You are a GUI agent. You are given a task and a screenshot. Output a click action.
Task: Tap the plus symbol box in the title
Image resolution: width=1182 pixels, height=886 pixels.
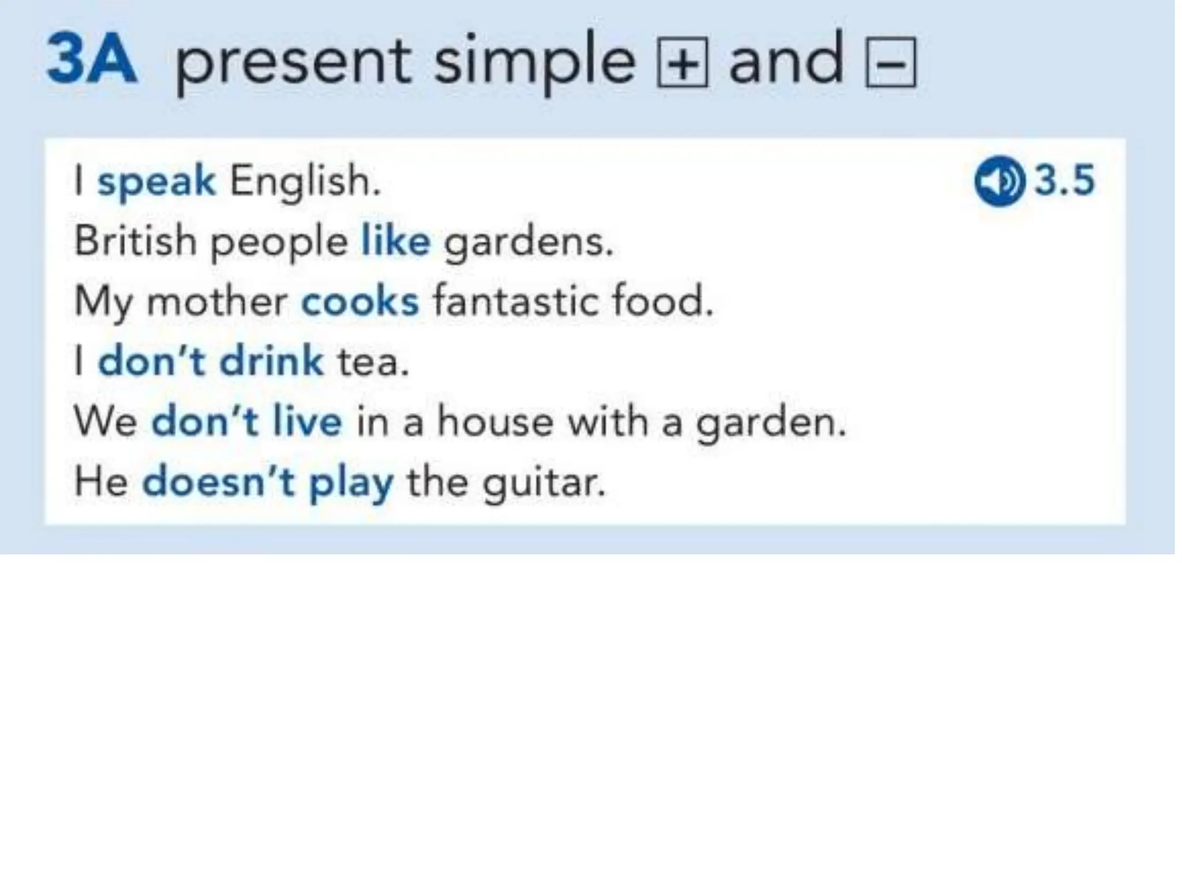tap(682, 63)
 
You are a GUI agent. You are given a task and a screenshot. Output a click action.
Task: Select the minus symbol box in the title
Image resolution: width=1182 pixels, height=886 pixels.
tap(891, 63)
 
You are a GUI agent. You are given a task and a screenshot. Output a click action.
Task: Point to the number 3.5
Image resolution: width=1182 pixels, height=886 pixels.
tap(1064, 181)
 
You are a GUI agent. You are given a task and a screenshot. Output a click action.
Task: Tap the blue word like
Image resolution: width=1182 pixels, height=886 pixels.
tap(395, 241)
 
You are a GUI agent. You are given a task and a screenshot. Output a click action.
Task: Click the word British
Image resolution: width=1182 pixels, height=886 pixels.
tap(136, 241)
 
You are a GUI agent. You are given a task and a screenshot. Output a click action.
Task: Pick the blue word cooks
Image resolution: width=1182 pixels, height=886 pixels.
tap(360, 302)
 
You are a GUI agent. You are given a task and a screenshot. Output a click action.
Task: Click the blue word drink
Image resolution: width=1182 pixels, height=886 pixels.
tap(271, 362)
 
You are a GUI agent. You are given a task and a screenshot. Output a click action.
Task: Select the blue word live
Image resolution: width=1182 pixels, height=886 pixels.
tap(307, 422)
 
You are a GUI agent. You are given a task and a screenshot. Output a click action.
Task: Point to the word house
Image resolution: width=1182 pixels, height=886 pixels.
tap(495, 422)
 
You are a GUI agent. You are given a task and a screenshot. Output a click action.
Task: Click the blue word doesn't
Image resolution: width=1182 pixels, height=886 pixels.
tap(218, 482)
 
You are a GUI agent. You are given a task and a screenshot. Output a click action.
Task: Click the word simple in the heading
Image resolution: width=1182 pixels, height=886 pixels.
tap(534, 63)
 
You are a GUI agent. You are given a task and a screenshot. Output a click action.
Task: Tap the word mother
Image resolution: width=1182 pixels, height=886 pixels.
tap(217, 302)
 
